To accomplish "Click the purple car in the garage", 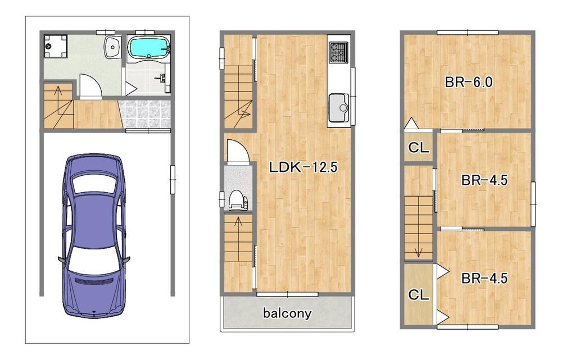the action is (x=94, y=235).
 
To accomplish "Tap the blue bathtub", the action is (x=149, y=48).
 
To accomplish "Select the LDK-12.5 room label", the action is (x=303, y=167).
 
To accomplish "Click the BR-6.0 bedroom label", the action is (x=469, y=83).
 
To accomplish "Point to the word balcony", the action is (x=287, y=313).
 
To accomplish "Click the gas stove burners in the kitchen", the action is (x=338, y=52).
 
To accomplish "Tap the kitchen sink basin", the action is (x=339, y=107).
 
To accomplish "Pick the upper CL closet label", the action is (x=419, y=147).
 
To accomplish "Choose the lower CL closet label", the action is (x=419, y=295).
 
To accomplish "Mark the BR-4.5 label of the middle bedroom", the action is (x=484, y=180).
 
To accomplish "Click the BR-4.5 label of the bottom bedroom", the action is (x=484, y=279).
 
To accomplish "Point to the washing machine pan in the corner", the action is (x=55, y=46).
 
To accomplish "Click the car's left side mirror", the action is (x=62, y=259).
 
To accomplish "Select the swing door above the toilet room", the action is (x=237, y=151).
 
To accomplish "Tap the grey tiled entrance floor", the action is (x=144, y=114).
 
